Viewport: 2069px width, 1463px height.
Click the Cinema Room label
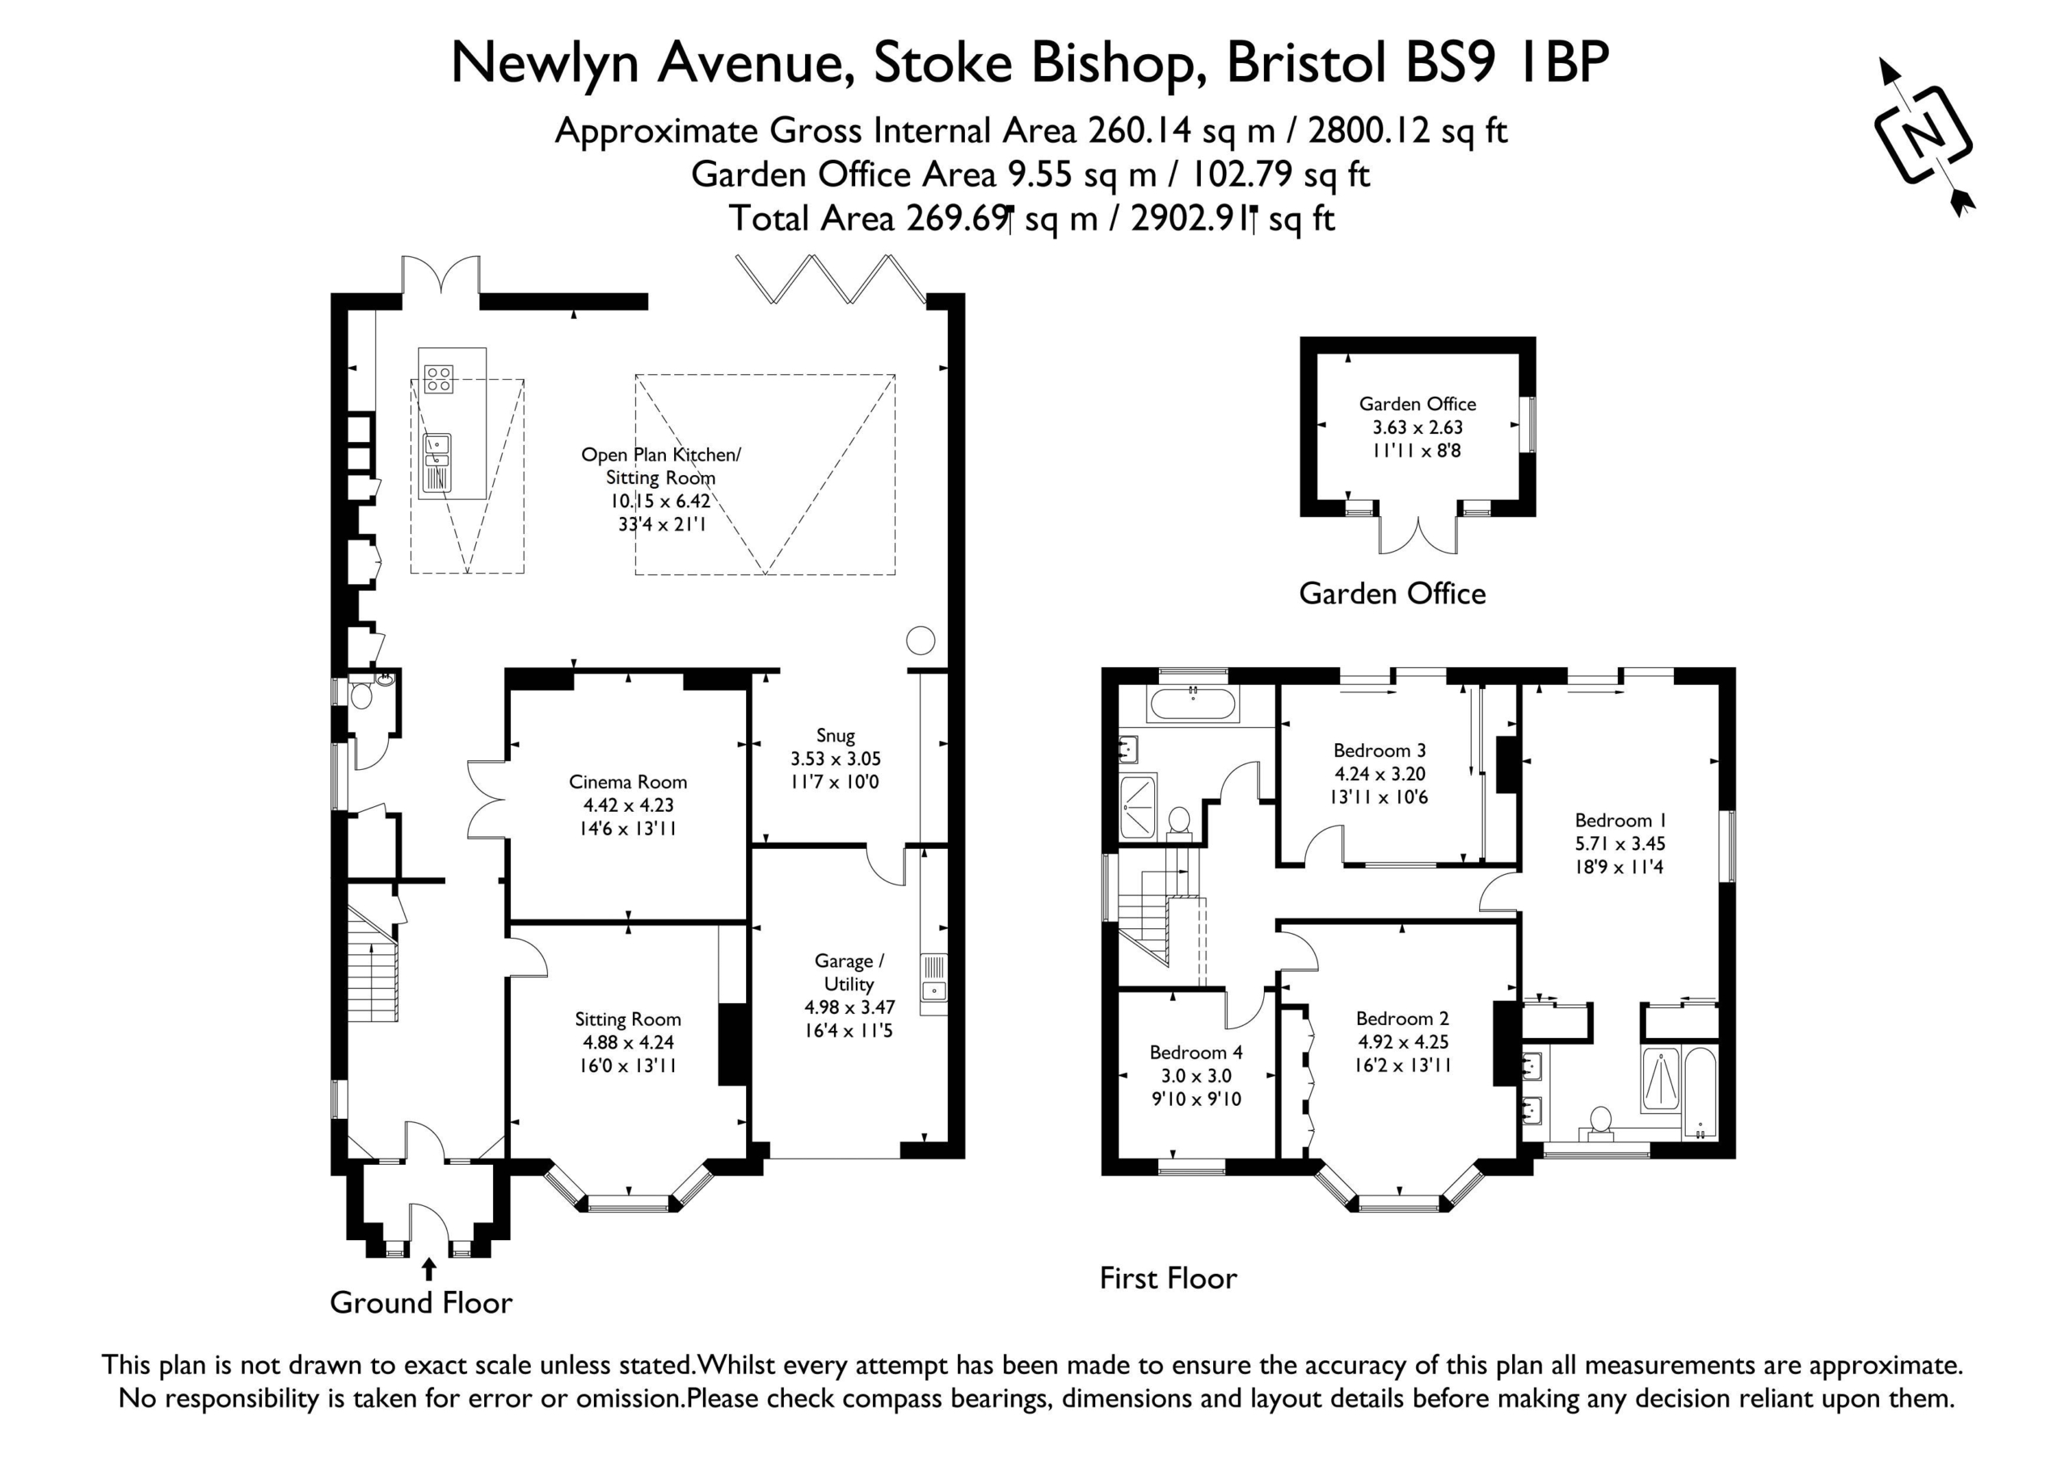tap(628, 782)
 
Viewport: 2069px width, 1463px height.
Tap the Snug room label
tap(836, 736)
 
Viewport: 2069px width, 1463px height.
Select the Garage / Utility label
tap(849, 972)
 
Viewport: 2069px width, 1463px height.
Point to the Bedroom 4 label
tap(1196, 1052)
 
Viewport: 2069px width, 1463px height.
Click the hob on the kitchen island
tap(439, 379)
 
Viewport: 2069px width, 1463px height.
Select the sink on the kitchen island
tap(437, 463)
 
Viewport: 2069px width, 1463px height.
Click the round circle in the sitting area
tap(920, 641)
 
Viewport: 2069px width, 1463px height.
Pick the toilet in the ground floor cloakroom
tap(361, 695)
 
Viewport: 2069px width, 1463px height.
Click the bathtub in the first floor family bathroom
tap(1193, 703)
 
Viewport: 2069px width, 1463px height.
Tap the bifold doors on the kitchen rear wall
tap(830, 279)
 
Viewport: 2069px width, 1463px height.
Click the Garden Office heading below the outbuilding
tap(1393, 594)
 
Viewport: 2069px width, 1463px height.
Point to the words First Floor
tap(1168, 1278)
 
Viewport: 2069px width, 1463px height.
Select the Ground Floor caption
tap(421, 1303)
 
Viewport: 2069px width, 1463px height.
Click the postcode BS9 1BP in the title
tap(1507, 63)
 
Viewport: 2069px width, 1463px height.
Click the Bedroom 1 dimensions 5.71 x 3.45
tap(1620, 844)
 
